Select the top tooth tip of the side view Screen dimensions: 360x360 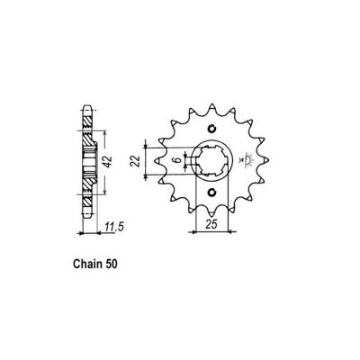[87, 102]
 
